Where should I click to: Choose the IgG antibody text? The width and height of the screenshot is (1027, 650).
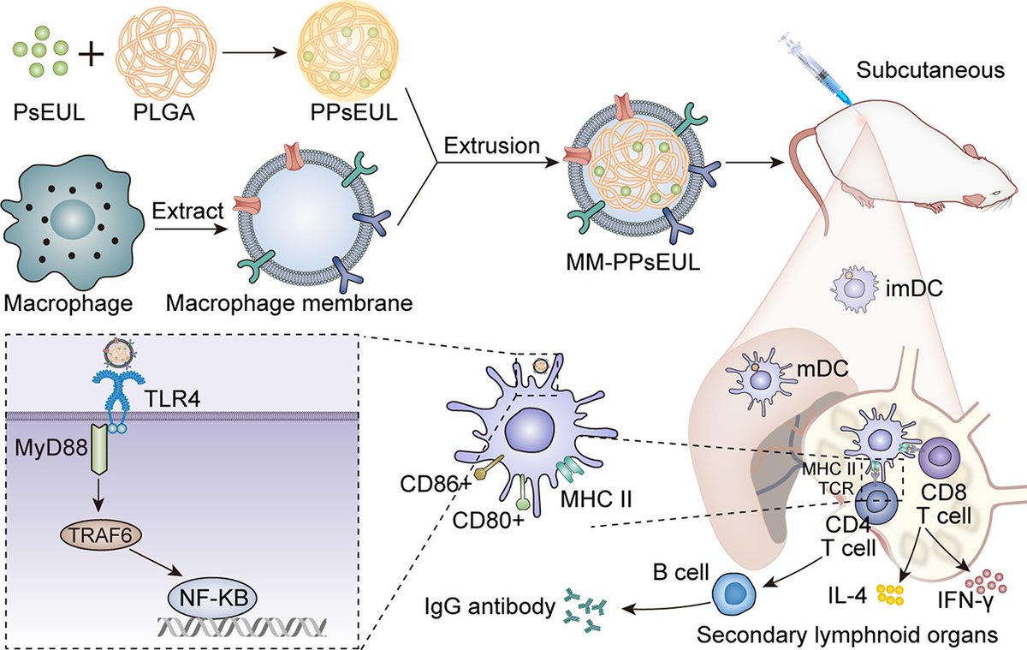click(486, 609)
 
